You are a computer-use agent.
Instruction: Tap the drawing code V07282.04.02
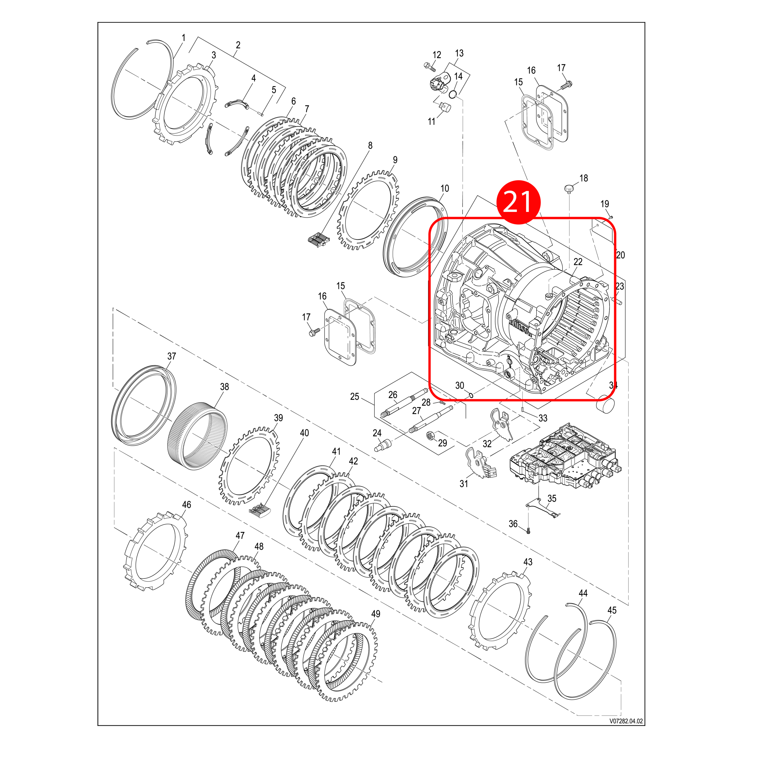point(626,721)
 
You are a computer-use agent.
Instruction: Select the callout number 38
point(224,387)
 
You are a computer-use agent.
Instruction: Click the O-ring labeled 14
point(453,94)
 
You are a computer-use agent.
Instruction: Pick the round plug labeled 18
point(569,188)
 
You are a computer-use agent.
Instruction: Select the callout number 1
point(183,38)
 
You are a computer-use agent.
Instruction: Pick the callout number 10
point(444,189)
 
